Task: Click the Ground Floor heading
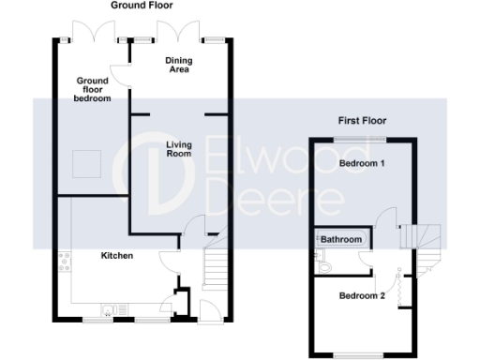tap(142, 6)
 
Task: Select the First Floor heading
tap(362, 121)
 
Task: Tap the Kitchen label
tap(117, 255)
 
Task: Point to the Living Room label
tap(179, 148)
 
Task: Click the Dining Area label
tap(178, 66)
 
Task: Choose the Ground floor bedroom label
tap(94, 89)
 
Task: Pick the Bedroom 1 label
tap(362, 163)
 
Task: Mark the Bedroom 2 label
tap(362, 296)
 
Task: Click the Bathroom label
tap(342, 240)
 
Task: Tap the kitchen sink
tap(111, 307)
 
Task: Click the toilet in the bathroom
tap(322, 268)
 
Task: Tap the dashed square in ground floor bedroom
tap(89, 162)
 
